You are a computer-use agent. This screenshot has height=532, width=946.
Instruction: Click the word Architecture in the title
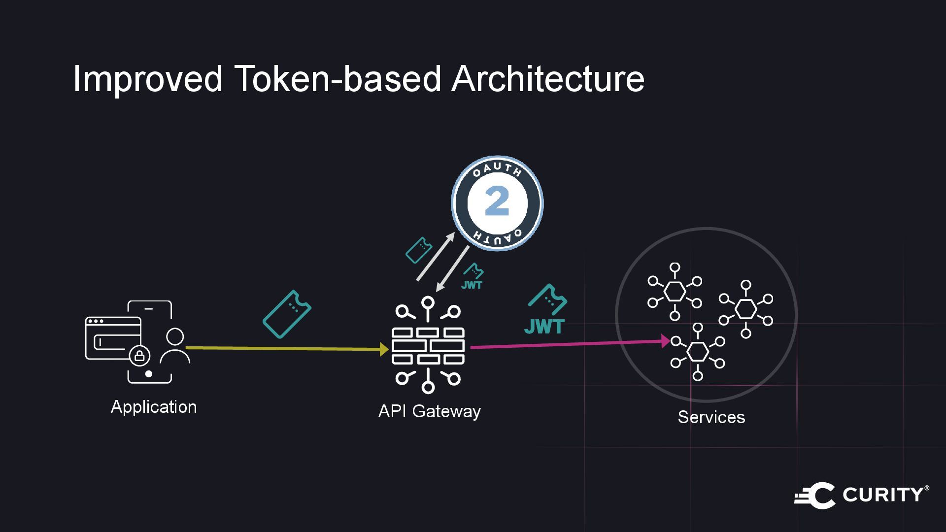(547, 79)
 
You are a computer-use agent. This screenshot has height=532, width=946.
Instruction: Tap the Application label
(154, 407)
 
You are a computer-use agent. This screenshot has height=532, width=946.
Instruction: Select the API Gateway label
(429, 411)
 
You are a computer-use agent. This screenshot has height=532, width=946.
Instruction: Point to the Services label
(711, 417)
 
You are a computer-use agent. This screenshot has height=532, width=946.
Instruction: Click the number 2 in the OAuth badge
(497, 202)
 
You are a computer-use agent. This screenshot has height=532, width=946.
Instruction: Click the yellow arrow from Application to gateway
(286, 348)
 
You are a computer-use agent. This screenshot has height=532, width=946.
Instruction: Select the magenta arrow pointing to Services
(567, 344)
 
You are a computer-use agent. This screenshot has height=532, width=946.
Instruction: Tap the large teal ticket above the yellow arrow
(287, 314)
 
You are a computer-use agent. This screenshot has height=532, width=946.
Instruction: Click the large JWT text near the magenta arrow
(544, 327)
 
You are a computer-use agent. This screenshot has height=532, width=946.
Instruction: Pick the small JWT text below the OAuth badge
(472, 285)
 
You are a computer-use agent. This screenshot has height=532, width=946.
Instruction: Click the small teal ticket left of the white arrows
(419, 250)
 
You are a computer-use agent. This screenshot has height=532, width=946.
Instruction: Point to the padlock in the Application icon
(139, 356)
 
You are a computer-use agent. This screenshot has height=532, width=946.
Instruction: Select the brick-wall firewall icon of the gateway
(428, 346)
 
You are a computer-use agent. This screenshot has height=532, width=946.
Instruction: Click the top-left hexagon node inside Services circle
(675, 291)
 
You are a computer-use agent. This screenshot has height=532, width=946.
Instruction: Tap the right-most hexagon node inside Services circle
(745, 309)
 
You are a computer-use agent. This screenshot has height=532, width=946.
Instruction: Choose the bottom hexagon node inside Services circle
(697, 352)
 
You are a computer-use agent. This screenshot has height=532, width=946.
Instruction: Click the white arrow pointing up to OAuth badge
(436, 256)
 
